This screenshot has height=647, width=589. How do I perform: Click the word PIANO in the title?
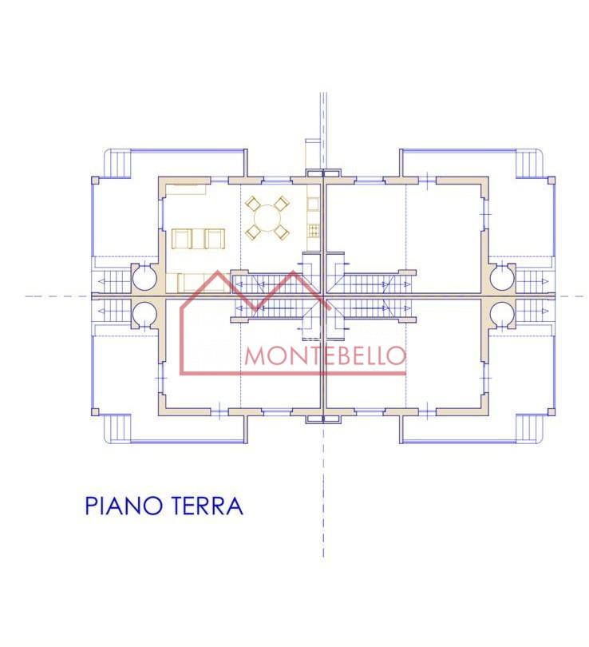(x=122, y=506)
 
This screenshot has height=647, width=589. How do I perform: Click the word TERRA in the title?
(x=206, y=506)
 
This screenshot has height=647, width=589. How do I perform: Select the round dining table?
(x=267, y=219)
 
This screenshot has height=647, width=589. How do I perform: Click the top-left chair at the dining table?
(x=252, y=204)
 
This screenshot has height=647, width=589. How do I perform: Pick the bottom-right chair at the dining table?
(x=282, y=232)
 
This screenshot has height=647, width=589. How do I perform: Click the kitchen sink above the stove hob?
(x=313, y=204)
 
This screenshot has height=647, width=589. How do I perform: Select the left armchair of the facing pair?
(x=182, y=239)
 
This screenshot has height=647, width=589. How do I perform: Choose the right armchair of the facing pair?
(x=215, y=239)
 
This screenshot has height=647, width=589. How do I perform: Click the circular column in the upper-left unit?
(x=144, y=277)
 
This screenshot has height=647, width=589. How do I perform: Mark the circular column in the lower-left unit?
(x=144, y=315)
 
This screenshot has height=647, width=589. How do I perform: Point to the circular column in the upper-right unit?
(x=503, y=277)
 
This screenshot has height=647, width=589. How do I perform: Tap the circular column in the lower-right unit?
(x=503, y=315)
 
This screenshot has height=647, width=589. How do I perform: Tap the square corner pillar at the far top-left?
(x=95, y=181)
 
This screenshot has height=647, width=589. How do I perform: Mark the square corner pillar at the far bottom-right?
(x=551, y=412)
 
